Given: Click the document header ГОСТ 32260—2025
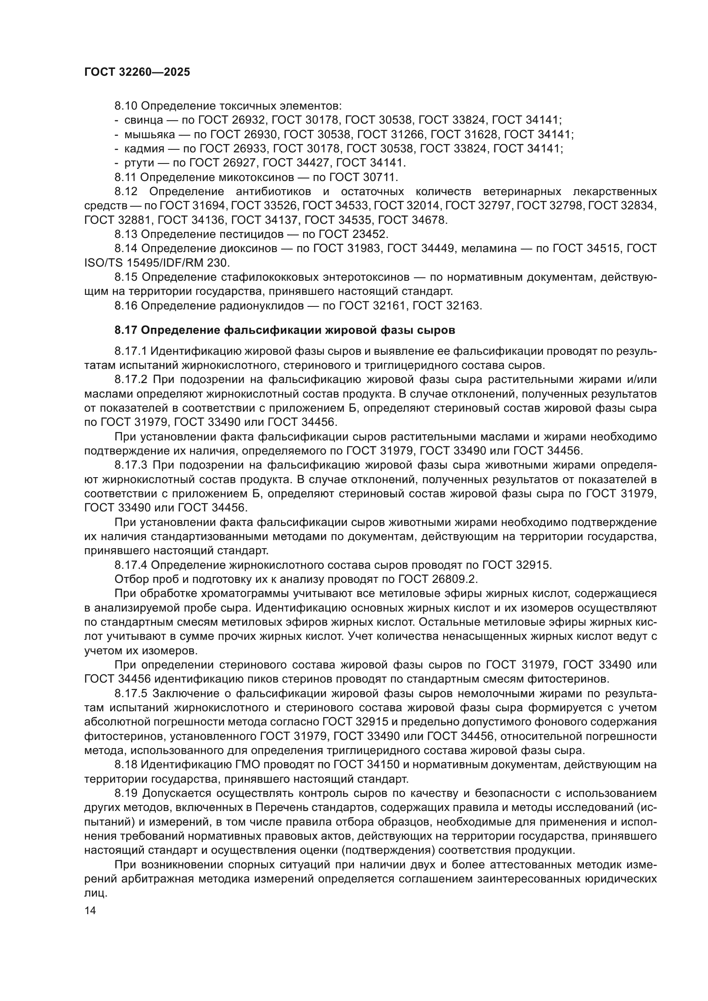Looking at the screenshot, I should tap(137, 72).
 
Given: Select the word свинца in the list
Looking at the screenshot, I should tap(144, 120).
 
